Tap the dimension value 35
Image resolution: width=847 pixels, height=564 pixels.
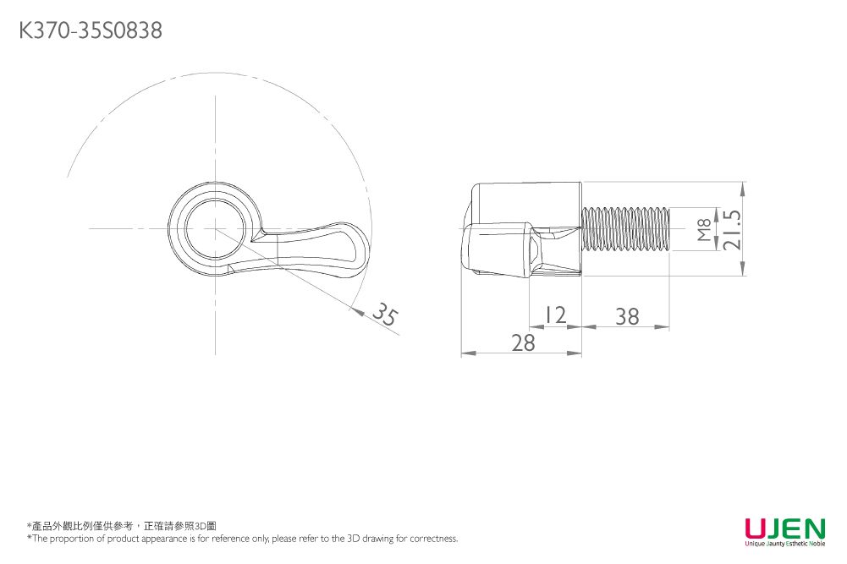(x=385, y=315)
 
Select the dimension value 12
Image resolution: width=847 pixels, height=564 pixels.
(x=555, y=315)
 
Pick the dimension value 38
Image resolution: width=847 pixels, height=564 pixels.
(x=627, y=316)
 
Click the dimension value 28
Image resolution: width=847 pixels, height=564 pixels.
(x=524, y=342)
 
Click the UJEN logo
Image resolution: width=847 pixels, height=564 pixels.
(x=784, y=528)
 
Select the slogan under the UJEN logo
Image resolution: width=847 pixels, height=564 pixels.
(x=784, y=544)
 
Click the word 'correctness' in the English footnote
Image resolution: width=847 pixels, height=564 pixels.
(x=433, y=539)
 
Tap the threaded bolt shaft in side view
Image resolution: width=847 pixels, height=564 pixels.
(x=626, y=229)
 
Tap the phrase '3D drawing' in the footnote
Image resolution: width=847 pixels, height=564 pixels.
(x=371, y=539)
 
